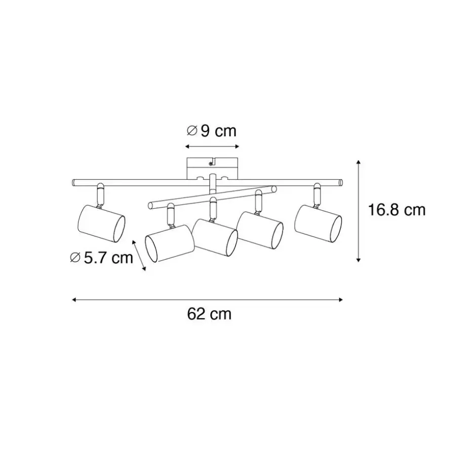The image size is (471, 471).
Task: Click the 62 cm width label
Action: pos(209,314)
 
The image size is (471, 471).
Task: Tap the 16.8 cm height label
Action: pos(397,210)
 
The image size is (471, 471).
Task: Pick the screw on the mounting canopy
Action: pos(211,163)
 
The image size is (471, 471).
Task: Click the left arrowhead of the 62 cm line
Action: pos(74,299)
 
